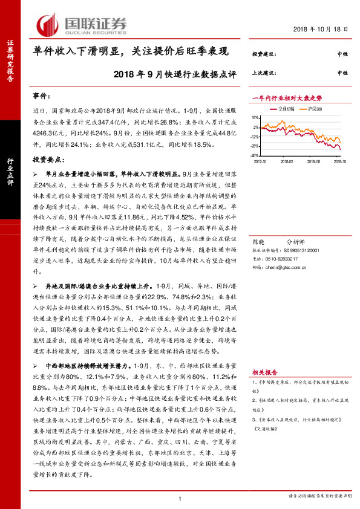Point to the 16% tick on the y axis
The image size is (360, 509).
pos(256,118)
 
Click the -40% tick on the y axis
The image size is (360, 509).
pos(255,155)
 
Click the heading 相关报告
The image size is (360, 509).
pos(264,372)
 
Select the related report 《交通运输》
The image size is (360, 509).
pos(267,429)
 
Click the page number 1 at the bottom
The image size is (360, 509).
pos(180,498)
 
